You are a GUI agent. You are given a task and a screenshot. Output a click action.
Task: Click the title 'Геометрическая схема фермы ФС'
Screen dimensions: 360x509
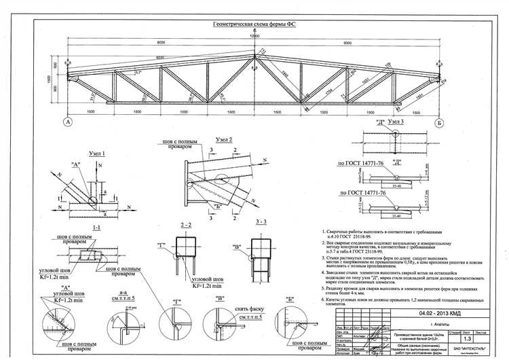(x=254, y=24)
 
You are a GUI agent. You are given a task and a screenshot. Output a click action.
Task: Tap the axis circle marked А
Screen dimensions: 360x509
(x=68, y=122)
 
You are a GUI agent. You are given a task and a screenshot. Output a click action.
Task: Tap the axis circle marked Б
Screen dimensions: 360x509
(x=440, y=123)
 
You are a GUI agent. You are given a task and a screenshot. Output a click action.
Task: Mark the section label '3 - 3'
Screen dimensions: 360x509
(x=243, y=222)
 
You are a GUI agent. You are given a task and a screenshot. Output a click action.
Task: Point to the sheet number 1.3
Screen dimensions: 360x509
(x=466, y=339)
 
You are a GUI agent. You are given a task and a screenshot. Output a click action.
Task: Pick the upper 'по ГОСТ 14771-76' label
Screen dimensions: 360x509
(x=360, y=164)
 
